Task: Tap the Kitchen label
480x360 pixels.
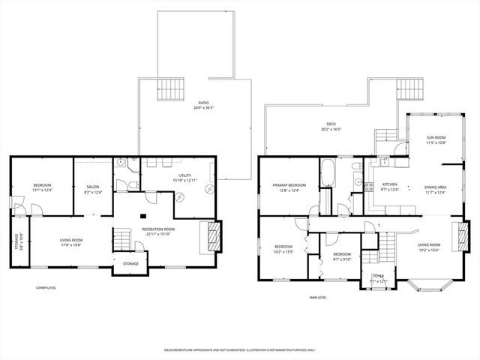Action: point(389,186)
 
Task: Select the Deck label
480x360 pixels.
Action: point(331,127)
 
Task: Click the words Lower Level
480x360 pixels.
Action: point(46,287)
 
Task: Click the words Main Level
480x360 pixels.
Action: point(317,297)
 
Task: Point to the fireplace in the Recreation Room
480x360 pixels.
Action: point(214,236)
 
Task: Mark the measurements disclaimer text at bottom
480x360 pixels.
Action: point(240,349)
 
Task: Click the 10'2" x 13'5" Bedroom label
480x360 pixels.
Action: point(283,249)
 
